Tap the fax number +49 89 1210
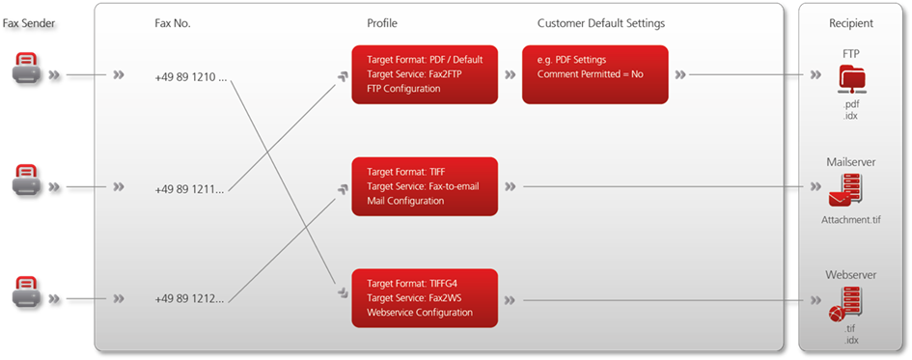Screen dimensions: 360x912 190,76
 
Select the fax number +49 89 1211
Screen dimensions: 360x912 189,188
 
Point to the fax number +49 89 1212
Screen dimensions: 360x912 189,299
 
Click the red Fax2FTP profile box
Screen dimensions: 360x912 425,74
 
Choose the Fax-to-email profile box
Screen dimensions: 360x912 425,186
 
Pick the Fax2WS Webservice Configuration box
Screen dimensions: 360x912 425,298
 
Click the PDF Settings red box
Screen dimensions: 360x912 594,74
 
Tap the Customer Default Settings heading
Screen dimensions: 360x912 600,22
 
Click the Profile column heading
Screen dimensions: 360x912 382,22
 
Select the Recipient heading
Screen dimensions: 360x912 850,22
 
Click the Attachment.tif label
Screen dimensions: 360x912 850,220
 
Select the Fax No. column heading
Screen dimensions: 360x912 173,22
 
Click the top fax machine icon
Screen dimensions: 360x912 27,70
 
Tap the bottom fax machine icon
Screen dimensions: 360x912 27,292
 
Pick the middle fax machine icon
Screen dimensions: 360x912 27,181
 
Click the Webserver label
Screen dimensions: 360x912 850,275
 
